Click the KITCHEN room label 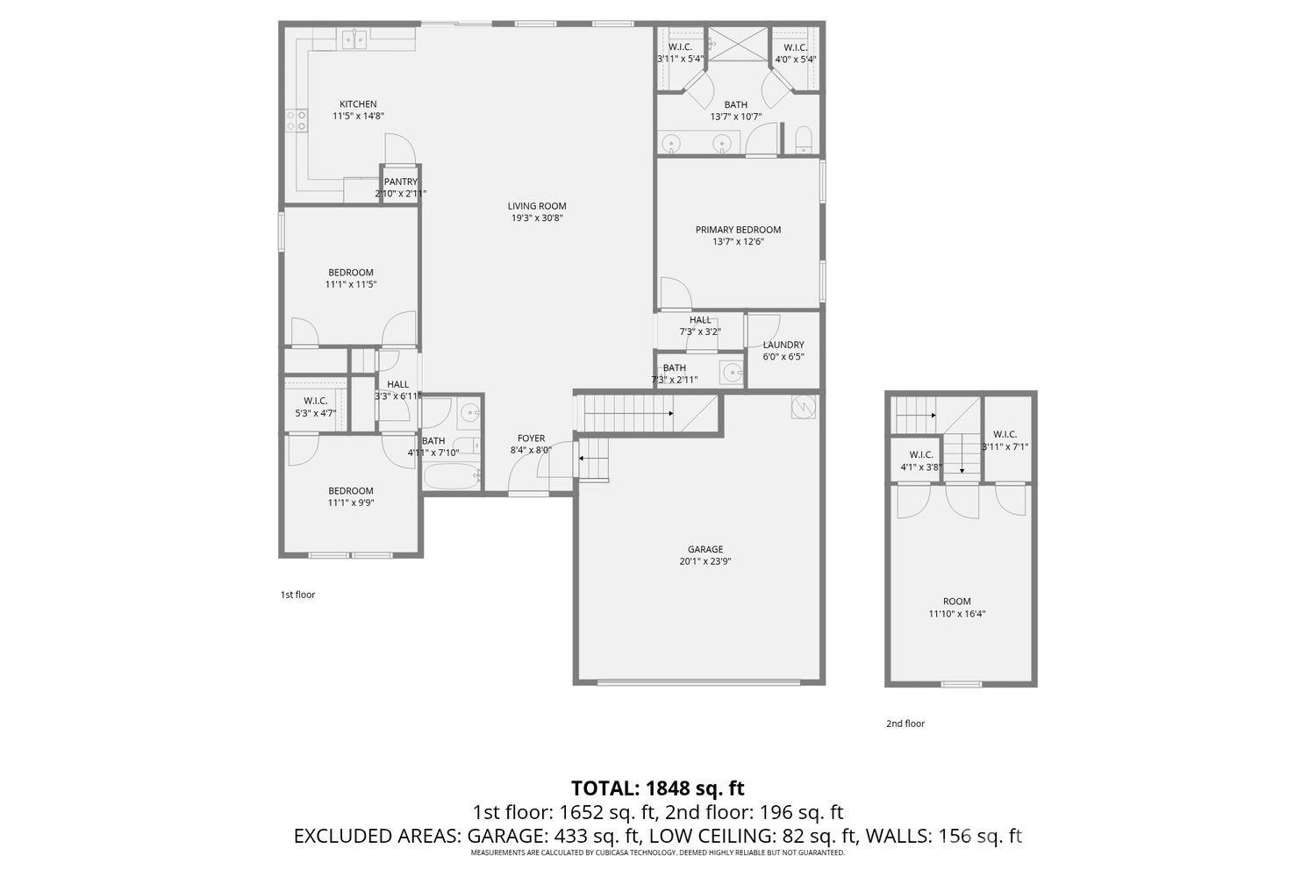[358, 104]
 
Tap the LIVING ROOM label [536, 207]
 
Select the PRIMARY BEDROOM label [738, 230]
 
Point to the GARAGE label [704, 550]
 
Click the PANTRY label [400, 182]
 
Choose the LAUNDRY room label [783, 346]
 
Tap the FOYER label [531, 438]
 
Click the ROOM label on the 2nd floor [956, 602]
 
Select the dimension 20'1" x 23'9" [704, 562]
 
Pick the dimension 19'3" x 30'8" [536, 218]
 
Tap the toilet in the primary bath [804, 139]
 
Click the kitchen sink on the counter [353, 39]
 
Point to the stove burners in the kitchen [295, 120]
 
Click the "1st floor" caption [297, 595]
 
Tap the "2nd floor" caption [905, 724]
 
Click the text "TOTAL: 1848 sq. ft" [657, 788]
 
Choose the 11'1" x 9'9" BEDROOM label [351, 491]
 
